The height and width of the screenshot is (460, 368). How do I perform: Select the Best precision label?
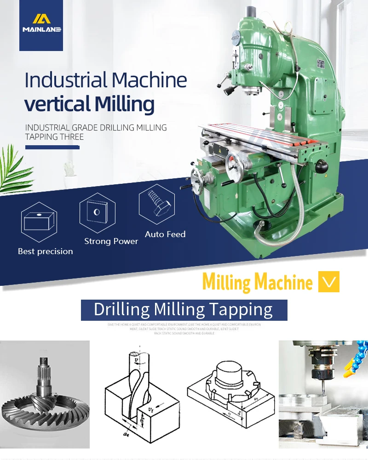click(x=45, y=251)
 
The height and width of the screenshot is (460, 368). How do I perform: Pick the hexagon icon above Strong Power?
click(x=97, y=212)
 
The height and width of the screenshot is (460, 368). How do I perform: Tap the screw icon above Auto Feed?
click(x=156, y=204)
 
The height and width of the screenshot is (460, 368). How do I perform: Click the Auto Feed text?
click(x=165, y=234)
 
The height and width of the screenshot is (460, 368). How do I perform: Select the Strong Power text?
click(x=111, y=241)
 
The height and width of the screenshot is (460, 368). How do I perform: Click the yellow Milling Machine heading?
click(x=257, y=282)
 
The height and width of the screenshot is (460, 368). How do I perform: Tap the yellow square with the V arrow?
click(x=329, y=282)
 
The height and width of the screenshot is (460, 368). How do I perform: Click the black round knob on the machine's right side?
click(x=322, y=164)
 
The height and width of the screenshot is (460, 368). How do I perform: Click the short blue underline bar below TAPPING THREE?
click(x=52, y=147)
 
